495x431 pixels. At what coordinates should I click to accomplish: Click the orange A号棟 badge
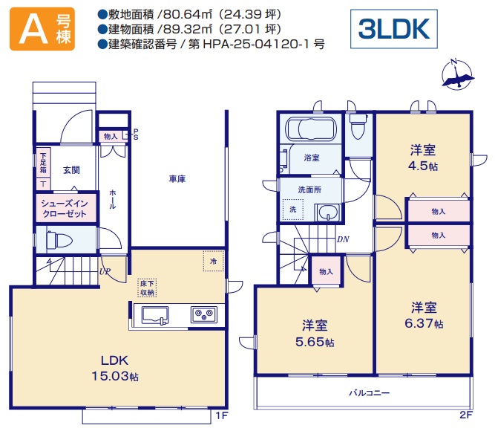tap(42, 29)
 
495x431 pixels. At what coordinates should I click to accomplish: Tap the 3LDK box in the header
tap(393, 29)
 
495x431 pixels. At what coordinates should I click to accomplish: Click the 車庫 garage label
tap(177, 179)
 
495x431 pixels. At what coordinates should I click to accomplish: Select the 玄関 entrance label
tap(71, 170)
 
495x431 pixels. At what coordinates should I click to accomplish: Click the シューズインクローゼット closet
tap(65, 208)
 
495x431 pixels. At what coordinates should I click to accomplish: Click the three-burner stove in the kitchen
tap(204, 314)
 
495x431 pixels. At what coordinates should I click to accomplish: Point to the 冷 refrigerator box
tap(214, 261)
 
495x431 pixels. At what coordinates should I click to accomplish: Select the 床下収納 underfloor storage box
tap(147, 288)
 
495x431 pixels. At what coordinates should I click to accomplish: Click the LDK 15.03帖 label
tap(115, 368)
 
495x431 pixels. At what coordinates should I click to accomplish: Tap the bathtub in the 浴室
tap(311, 129)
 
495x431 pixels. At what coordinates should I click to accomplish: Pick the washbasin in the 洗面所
tap(328, 212)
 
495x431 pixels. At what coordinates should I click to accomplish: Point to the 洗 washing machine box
tap(293, 210)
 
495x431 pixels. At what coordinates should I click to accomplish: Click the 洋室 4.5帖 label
tap(423, 158)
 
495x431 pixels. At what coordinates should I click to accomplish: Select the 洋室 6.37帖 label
tap(424, 315)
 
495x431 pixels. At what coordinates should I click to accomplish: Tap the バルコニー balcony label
tap(369, 393)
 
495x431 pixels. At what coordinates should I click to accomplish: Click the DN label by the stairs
tap(343, 239)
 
